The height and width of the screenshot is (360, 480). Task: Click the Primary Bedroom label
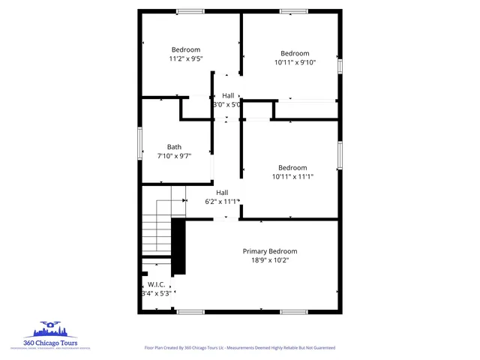269,251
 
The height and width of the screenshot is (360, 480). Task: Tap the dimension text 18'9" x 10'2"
269,260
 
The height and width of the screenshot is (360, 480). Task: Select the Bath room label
174,147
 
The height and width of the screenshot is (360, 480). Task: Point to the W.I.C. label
156,284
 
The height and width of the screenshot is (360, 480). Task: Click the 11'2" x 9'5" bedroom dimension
185,58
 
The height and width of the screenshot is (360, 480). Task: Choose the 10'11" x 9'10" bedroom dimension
295,62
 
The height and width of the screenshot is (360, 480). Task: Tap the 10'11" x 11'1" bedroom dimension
292,176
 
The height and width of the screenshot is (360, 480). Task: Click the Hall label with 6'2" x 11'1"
222,193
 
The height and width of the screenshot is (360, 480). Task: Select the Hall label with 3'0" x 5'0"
228,96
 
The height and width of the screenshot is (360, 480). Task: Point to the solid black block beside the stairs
178,247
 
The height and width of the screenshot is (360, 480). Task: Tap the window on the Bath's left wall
139,142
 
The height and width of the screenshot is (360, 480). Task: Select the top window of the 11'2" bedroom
190,11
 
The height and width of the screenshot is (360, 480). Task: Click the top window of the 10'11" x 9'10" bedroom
293,11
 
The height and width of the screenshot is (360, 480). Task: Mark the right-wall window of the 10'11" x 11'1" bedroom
340,154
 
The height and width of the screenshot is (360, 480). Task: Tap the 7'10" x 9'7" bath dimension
174,156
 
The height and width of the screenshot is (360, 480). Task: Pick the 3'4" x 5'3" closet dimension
156,293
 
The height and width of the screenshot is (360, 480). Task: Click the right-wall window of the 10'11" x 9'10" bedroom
340,66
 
